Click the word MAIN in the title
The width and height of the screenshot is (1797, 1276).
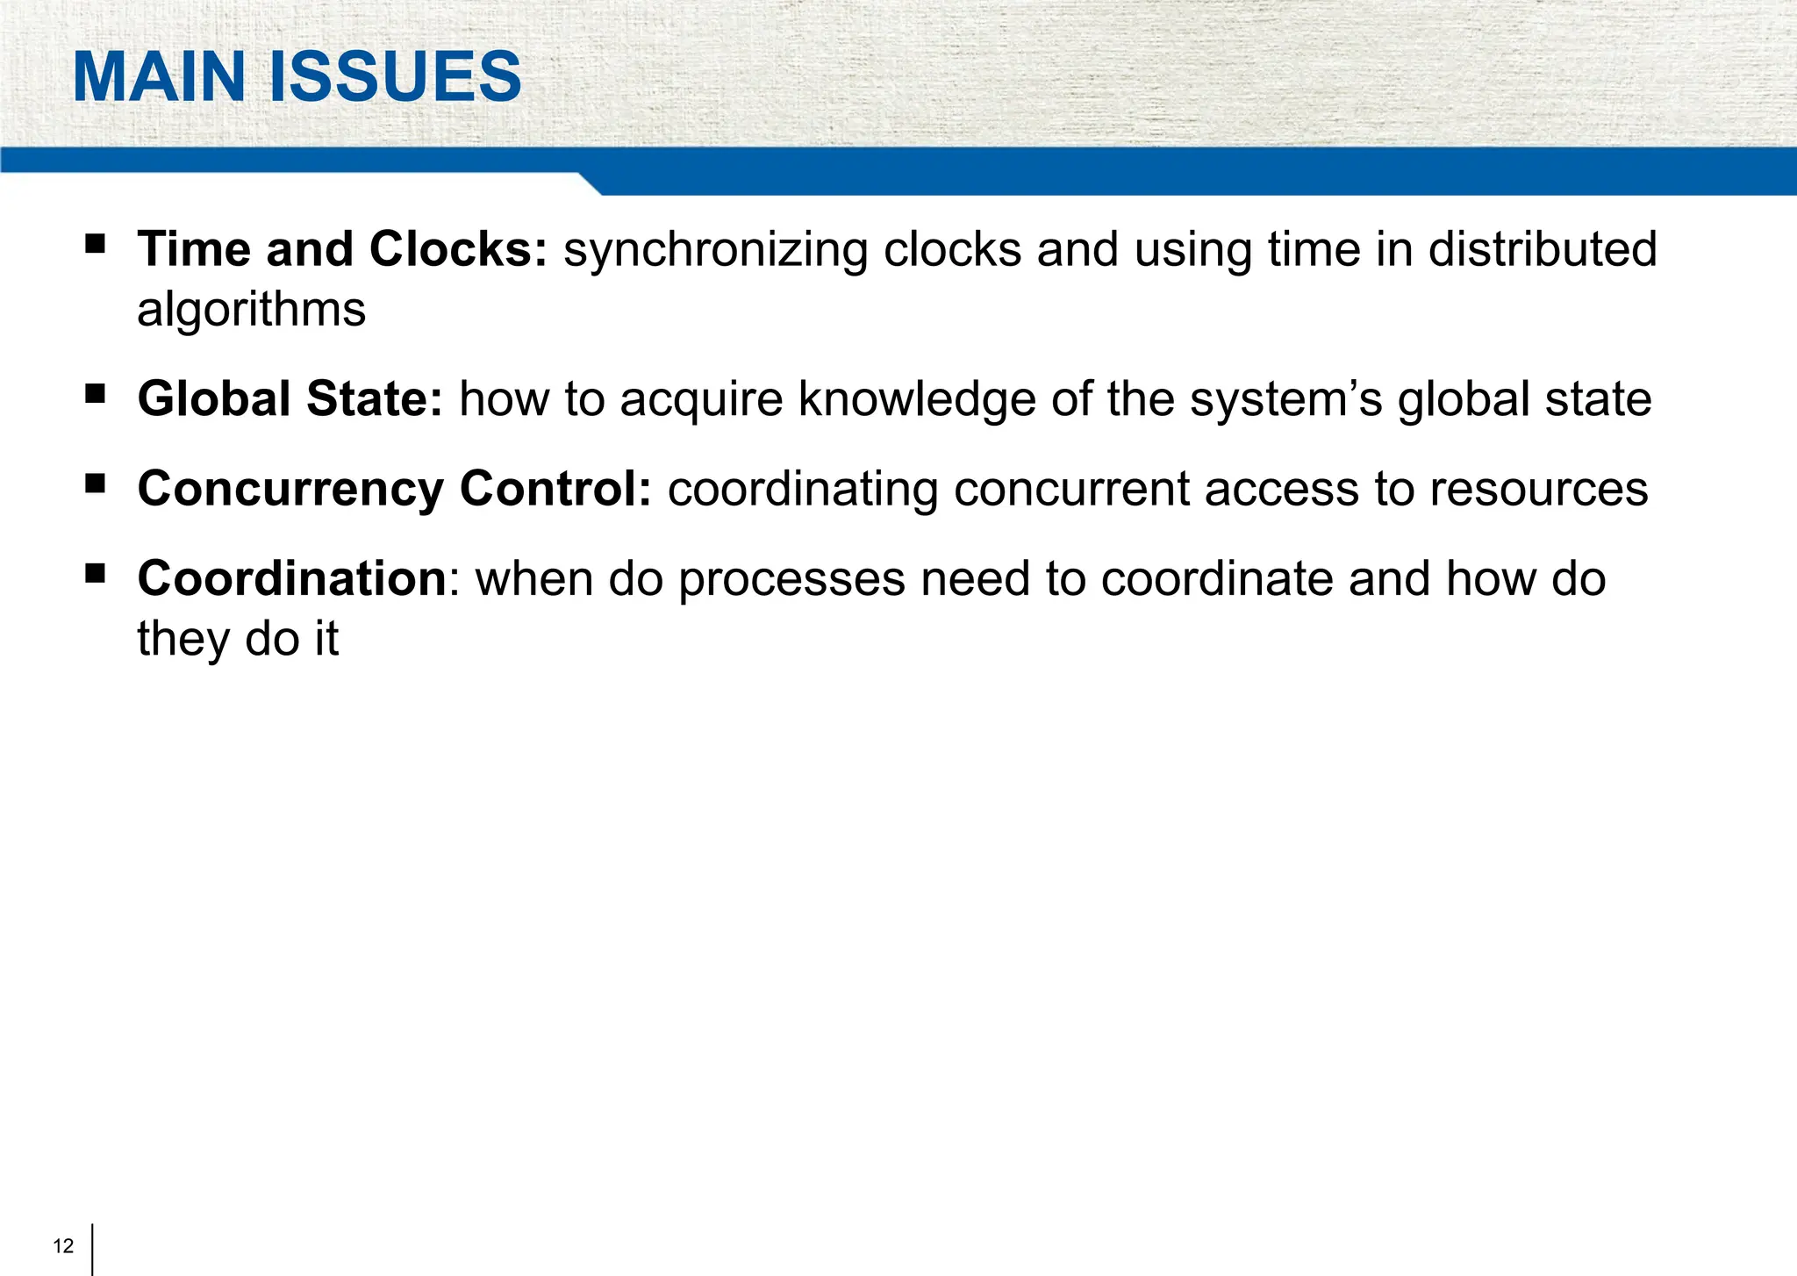click(159, 77)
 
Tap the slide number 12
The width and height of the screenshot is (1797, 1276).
click(63, 1246)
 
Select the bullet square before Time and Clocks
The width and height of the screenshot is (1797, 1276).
click(95, 243)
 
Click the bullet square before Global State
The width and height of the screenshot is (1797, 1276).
click(95, 393)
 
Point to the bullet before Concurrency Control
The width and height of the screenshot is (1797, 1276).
click(95, 483)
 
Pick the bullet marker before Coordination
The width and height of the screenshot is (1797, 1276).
click(95, 573)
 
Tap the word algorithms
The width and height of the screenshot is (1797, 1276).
click(251, 311)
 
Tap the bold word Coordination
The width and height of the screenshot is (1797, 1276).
click(292, 579)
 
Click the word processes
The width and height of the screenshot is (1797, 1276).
click(791, 581)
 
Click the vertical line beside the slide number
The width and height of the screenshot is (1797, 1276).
click(92, 1248)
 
